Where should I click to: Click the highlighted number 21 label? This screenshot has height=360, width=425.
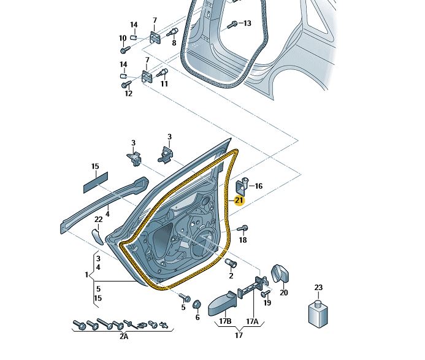tap(239, 200)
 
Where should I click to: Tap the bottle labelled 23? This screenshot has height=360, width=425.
tap(318, 313)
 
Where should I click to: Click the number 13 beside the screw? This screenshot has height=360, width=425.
tap(247, 23)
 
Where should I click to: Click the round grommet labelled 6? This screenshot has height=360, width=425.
tap(197, 305)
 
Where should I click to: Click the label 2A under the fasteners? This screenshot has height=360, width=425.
tap(123, 336)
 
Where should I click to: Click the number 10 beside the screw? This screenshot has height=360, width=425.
tap(123, 38)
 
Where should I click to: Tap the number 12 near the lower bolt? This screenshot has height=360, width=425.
tap(128, 93)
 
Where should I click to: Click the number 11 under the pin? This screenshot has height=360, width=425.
tap(164, 83)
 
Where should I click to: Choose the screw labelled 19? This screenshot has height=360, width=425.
tap(266, 293)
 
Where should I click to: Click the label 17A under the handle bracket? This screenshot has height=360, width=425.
tap(252, 321)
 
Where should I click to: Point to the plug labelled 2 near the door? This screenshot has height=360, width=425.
tap(232, 264)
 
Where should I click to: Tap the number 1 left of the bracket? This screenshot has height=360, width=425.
tap(86, 275)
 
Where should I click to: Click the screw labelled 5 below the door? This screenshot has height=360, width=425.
tap(182, 297)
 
